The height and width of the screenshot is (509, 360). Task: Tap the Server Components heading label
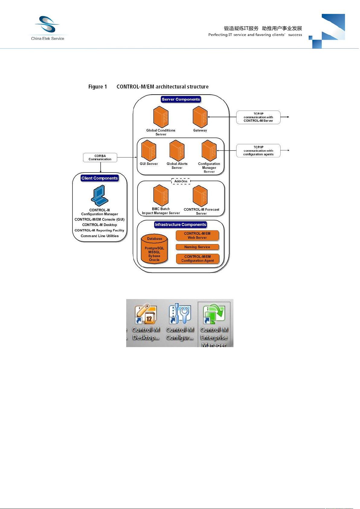pos(181,99)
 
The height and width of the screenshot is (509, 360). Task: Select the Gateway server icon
pos(200,117)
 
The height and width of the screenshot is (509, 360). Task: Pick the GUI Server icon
pos(149,150)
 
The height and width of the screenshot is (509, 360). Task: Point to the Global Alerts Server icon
pos(177,150)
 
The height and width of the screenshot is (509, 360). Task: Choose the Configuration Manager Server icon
pos(209,150)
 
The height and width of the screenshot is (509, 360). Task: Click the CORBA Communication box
pos(100,158)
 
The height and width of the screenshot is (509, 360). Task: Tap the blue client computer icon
pos(100,195)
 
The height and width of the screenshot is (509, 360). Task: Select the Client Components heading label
pos(100,178)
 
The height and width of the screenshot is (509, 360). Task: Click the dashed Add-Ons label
pos(181,181)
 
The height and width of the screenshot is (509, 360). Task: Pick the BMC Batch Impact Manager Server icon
pos(161,196)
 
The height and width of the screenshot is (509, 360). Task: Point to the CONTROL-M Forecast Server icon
pos(200,196)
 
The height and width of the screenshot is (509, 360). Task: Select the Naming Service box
pos(197,247)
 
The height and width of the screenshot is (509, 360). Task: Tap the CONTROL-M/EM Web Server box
pos(197,236)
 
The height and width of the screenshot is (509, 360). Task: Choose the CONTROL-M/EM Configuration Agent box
pos(198,259)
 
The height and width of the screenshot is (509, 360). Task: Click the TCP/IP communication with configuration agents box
pos(258,151)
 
